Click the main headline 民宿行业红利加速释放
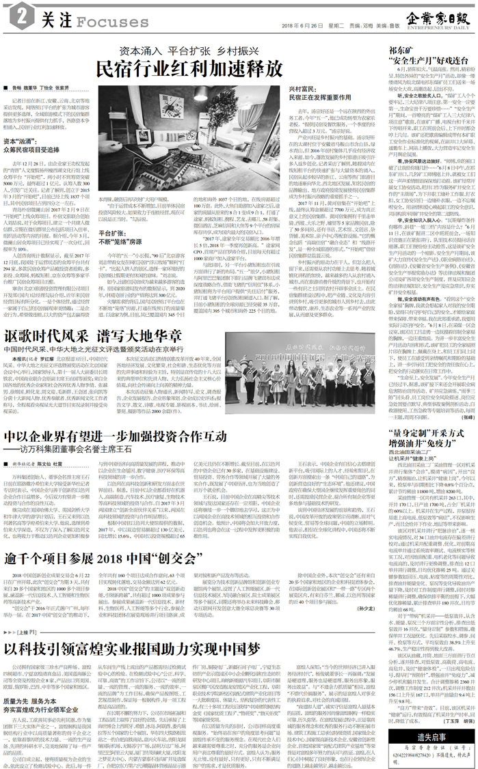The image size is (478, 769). (189, 69)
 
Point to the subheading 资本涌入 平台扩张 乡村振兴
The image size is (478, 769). (189, 51)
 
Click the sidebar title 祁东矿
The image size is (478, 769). (399, 51)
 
